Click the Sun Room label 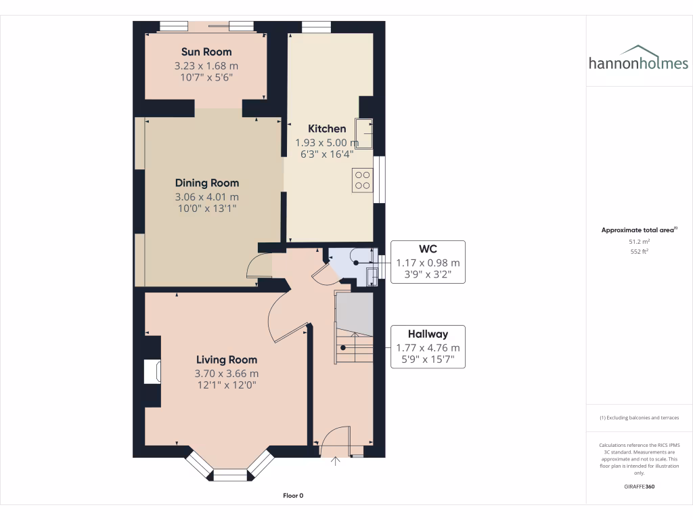(206, 51)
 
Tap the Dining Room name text (206, 183)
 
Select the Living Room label (227, 360)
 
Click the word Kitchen (327, 129)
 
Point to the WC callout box (427, 261)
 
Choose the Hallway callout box (427, 347)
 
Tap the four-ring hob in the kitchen (362, 180)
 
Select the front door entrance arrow (336, 462)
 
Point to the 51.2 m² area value (639, 241)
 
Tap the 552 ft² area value (639, 251)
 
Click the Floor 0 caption (292, 496)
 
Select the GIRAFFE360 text (639, 486)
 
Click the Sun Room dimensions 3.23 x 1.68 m (206, 66)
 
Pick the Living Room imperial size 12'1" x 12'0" (227, 385)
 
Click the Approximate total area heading (638, 230)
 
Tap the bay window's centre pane (231, 475)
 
